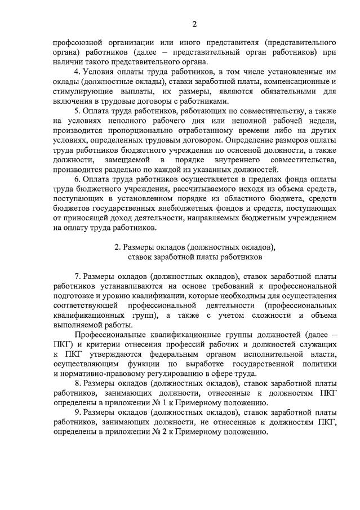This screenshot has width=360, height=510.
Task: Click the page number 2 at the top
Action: tap(194, 24)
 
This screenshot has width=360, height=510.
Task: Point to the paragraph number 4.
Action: tap(77, 72)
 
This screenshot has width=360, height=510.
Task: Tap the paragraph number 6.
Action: tap(77, 179)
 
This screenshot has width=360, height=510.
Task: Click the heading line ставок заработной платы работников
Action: tap(194, 256)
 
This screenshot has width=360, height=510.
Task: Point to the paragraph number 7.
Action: tap(77, 276)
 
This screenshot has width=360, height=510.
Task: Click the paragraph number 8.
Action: tap(77, 383)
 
